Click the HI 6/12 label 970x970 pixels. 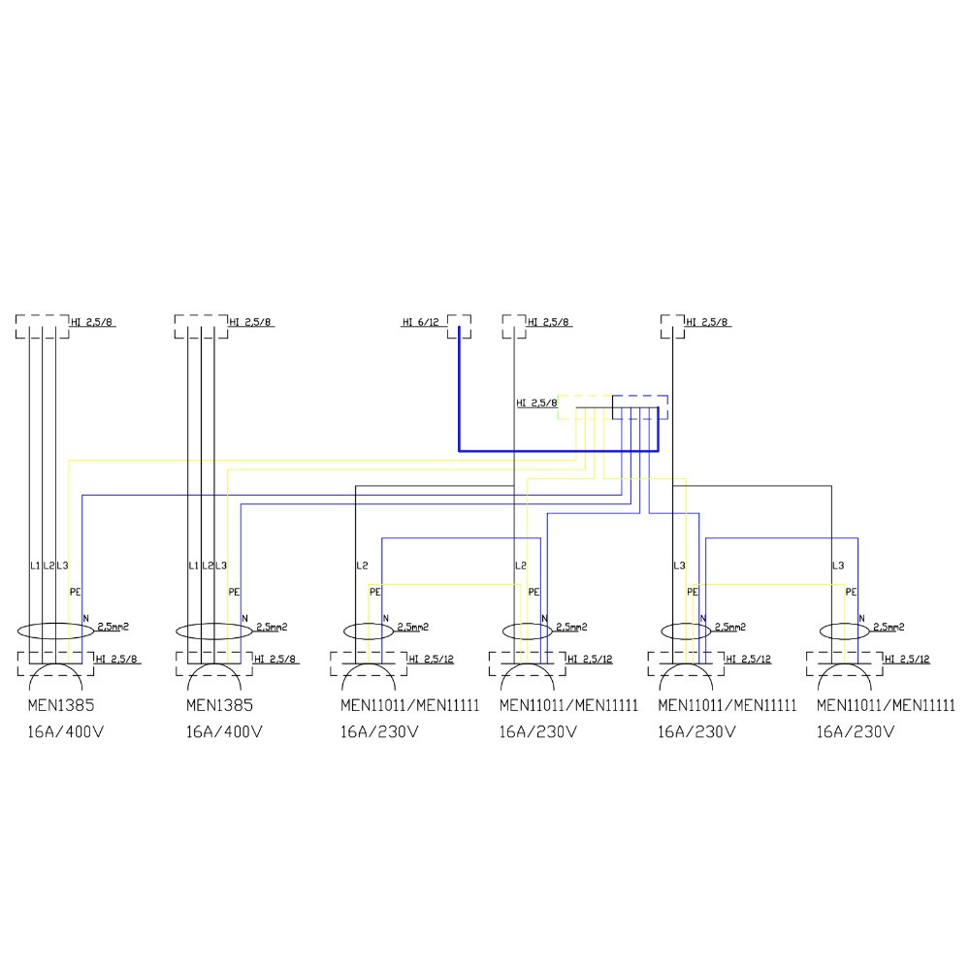point(422,322)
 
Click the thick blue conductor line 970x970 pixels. point(558,451)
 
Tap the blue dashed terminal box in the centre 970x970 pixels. point(640,406)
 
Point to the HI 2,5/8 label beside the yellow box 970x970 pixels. point(536,403)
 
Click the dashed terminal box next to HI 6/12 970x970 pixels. point(460,326)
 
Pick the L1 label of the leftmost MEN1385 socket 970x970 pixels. point(35,565)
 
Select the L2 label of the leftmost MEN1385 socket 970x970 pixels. point(48,565)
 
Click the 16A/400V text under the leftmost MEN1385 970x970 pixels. point(66,732)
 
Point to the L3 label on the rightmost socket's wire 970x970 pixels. point(838,565)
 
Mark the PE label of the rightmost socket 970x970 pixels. point(851,591)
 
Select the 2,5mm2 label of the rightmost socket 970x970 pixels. point(892,628)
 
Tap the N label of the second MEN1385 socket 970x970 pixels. point(244,618)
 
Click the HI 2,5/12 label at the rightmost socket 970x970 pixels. point(907,659)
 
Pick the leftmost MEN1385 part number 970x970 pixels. point(61,706)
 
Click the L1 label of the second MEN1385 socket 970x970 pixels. point(193,565)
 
